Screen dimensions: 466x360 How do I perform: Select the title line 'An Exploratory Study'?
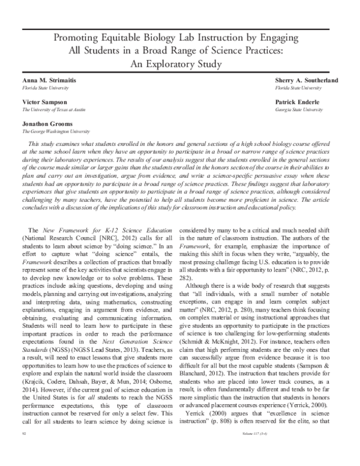coord(180,64)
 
